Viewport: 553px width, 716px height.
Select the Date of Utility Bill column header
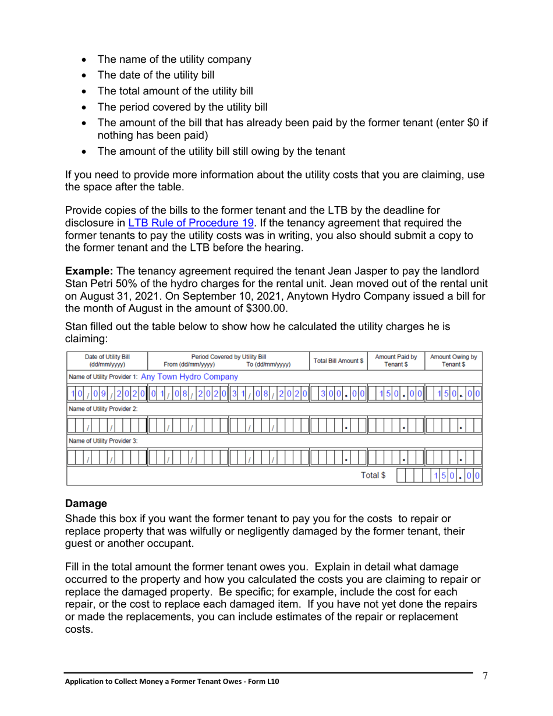tap(108, 360)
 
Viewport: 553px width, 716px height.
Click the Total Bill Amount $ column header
tap(339, 360)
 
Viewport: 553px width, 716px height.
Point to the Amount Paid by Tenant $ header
tap(396, 360)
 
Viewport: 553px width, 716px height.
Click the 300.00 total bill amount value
tap(342, 393)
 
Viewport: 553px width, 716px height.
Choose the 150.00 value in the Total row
tap(456, 476)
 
